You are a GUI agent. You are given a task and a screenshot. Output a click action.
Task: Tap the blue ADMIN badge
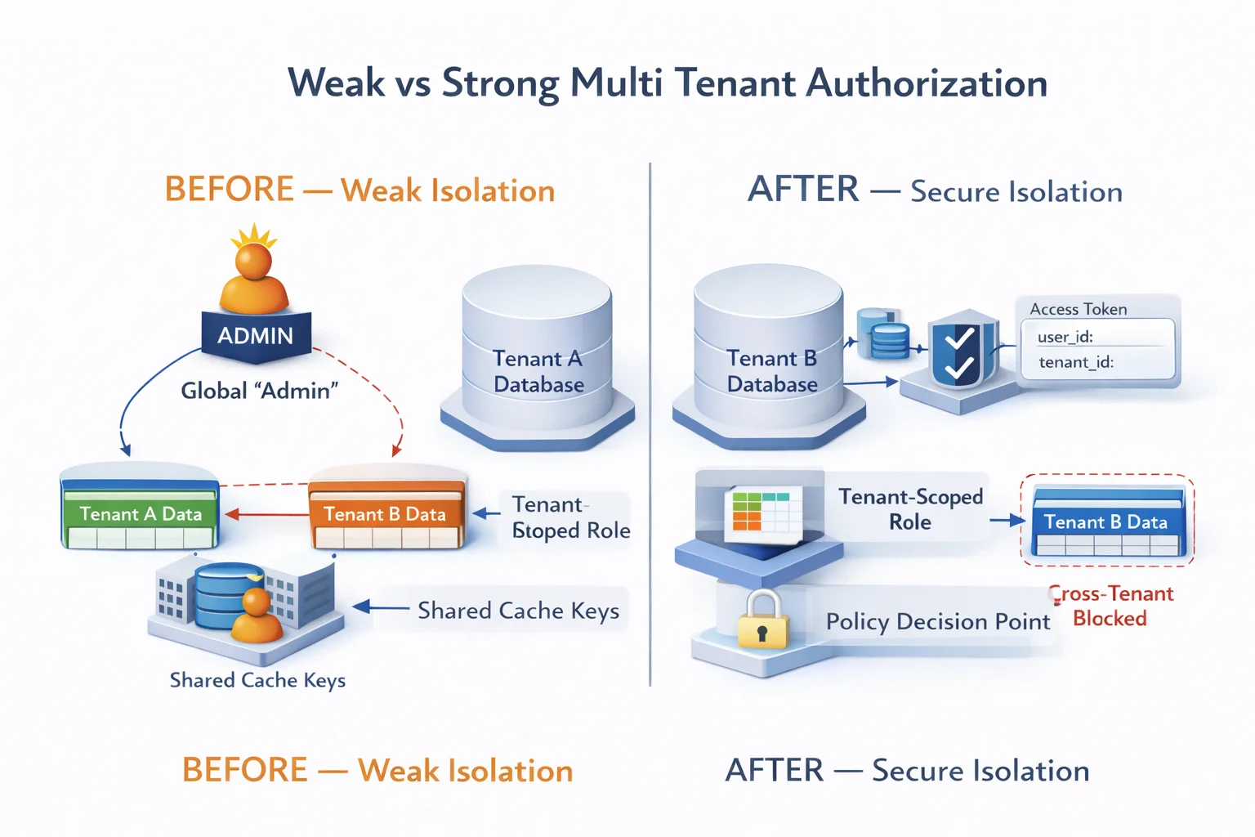pyautogui.click(x=256, y=336)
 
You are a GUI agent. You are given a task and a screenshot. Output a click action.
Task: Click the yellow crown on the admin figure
pyautogui.click(x=253, y=237)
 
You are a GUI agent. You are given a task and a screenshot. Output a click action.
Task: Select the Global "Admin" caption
pyautogui.click(x=259, y=391)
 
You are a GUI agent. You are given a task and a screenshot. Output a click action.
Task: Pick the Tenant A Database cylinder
pyautogui.click(x=538, y=351)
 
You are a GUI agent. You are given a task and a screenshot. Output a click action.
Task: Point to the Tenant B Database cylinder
pyautogui.click(x=769, y=351)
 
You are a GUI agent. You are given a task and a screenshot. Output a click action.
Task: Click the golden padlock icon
pyautogui.click(x=762, y=623)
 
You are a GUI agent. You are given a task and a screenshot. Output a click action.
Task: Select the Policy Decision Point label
pyautogui.click(x=937, y=622)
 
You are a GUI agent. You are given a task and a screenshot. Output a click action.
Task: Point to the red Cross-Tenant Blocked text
pyautogui.click(x=1111, y=606)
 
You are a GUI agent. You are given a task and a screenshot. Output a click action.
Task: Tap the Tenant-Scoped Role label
pyautogui.click(x=910, y=509)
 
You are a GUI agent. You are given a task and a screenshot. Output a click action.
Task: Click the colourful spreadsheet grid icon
pyautogui.click(x=761, y=510)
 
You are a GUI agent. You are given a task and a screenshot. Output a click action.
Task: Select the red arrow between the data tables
pyautogui.click(x=266, y=515)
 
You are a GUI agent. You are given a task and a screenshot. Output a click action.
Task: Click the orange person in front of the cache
pyautogui.click(x=257, y=617)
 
